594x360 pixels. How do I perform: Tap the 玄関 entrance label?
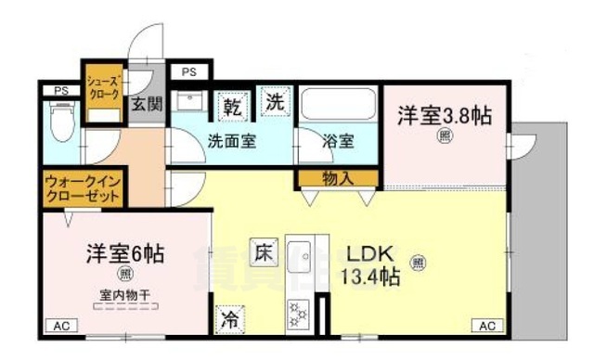pyautogui.click(x=146, y=104)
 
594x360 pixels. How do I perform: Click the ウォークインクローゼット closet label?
pyautogui.click(x=83, y=190)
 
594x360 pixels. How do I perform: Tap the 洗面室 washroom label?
pyautogui.click(x=231, y=143)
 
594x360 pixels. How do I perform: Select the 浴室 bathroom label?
pyautogui.click(x=338, y=143)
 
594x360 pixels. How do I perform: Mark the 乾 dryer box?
pyautogui.click(x=235, y=107)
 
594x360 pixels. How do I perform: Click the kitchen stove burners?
pyautogui.click(x=300, y=314)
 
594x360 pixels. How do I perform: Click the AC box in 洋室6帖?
pyautogui.click(x=61, y=326)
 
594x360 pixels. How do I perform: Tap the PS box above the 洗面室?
pyautogui.click(x=189, y=71)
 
